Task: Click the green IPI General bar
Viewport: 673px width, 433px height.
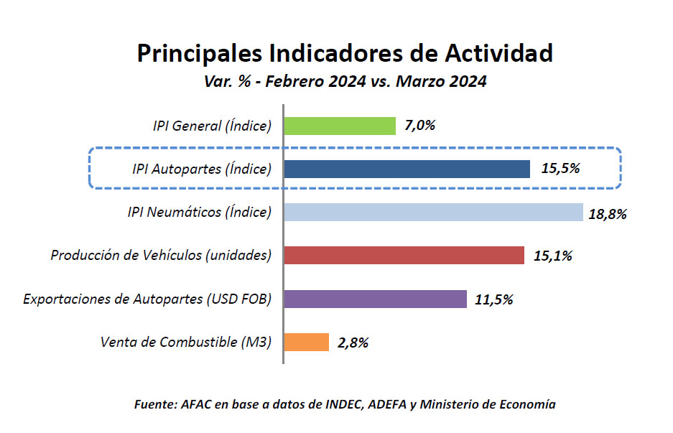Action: tap(340, 126)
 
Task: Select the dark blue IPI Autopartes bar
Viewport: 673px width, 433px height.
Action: tap(407, 169)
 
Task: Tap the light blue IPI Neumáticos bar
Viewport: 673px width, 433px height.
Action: tap(433, 213)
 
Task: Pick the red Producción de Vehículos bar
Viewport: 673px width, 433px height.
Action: tap(404, 256)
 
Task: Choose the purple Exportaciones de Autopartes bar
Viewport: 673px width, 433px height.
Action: tap(375, 299)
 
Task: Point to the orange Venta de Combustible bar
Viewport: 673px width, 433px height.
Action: tap(306, 342)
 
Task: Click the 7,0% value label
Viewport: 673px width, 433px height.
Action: tap(420, 126)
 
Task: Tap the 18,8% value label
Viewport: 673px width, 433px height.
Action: tap(608, 213)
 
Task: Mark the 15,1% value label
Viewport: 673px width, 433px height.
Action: tap(553, 256)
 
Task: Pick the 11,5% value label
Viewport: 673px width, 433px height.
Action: tap(494, 299)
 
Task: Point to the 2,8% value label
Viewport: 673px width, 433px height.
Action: tap(353, 343)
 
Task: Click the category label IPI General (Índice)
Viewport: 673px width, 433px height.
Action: tap(212, 126)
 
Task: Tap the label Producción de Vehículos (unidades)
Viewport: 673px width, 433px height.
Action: tap(161, 256)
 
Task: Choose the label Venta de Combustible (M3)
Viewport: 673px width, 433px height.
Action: tap(186, 343)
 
